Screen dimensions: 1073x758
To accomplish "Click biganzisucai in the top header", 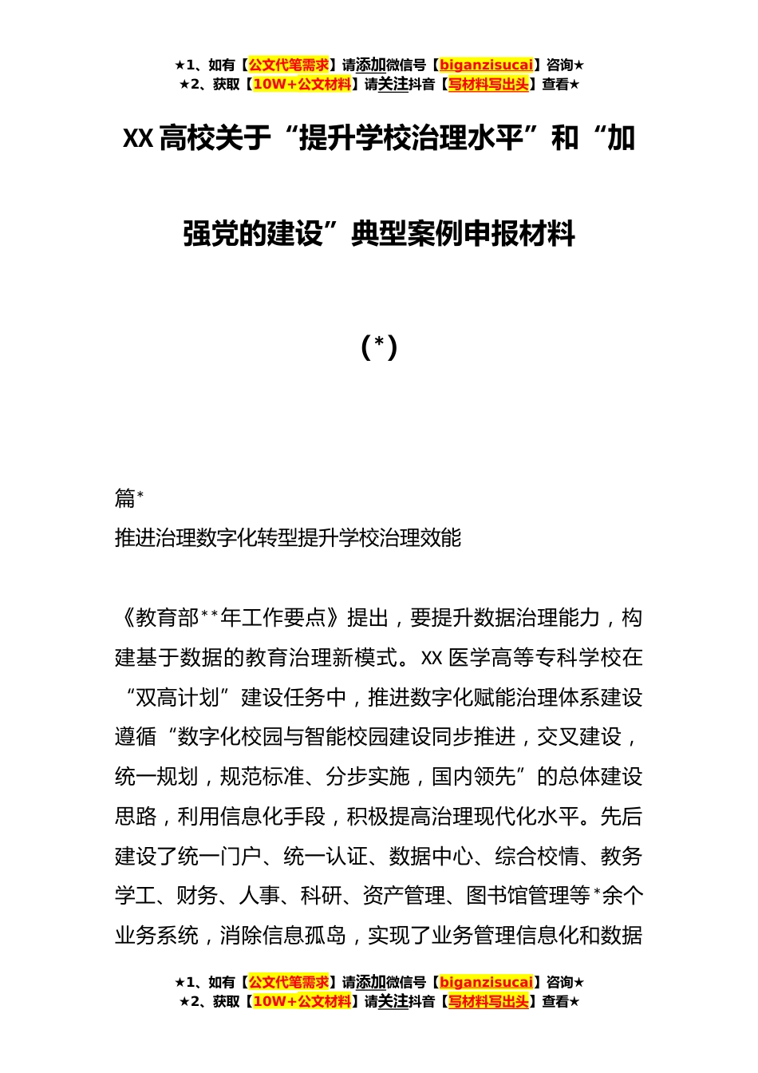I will (486, 65).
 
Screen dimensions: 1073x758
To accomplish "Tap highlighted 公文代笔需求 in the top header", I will (289, 65).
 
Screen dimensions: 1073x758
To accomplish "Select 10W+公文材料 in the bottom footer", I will (302, 1001).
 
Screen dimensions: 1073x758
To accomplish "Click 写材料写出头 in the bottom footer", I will (488, 1001).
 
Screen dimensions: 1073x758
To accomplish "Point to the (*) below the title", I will (379, 346).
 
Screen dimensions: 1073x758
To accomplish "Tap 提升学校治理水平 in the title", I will (411, 139).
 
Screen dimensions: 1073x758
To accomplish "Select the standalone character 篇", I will (125, 499).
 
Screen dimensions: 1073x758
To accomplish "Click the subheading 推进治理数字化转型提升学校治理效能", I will (288, 538).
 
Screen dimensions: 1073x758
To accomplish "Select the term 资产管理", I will (404, 896).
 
